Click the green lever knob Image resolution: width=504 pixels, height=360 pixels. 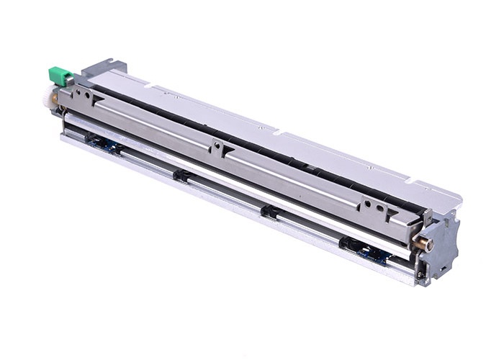[60, 74]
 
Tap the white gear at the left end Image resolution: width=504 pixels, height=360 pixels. [51, 94]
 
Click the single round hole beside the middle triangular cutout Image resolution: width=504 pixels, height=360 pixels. [215, 145]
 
